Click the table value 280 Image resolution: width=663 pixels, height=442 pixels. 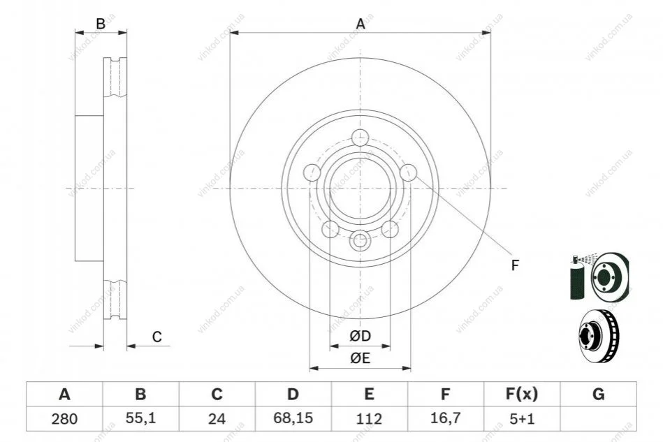coord(64,419)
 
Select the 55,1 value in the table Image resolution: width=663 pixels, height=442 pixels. coord(141,418)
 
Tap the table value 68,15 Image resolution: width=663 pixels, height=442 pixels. coord(293,418)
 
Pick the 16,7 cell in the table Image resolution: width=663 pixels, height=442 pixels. coord(445,418)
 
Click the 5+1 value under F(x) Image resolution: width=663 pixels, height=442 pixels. coord(522,419)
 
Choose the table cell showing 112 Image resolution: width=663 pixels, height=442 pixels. coord(369,419)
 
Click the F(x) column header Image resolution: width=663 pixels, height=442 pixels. coord(522,395)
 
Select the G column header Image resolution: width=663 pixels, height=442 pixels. coord(598,395)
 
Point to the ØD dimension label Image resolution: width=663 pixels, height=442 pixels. coord(360,336)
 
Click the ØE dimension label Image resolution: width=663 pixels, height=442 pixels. coord(360,358)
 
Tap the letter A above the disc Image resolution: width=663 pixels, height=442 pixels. coord(360,24)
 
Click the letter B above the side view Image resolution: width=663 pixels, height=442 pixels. coord(101,24)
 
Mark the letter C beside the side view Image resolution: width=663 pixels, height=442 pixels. coord(157,337)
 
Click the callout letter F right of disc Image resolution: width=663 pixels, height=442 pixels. coord(515,265)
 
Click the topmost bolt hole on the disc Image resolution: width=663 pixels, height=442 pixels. coord(360,138)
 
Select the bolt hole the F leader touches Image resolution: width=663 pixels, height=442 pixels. coord(409,172)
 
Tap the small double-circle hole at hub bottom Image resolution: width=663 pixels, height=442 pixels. coord(360,241)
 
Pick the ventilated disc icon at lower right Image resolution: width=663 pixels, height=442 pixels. coord(598,336)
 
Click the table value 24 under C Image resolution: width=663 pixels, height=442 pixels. coord(217,419)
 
